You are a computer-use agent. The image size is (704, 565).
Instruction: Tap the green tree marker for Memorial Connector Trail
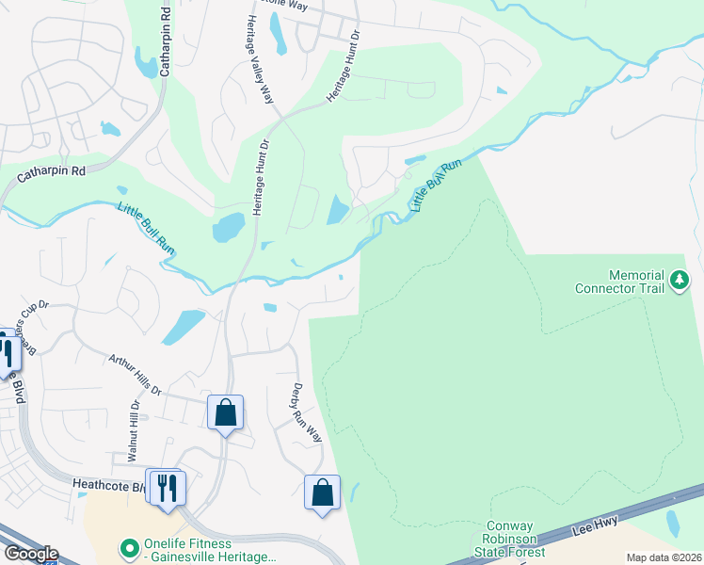679,281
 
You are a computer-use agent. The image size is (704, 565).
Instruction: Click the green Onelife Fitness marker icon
128,546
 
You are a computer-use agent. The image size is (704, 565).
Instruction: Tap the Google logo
30,554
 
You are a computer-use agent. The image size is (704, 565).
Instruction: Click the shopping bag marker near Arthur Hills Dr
225,412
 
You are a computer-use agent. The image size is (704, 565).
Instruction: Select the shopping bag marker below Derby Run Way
322,492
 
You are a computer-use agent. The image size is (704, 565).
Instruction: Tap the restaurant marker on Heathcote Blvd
168,487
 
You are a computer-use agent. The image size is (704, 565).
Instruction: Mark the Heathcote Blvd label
107,486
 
